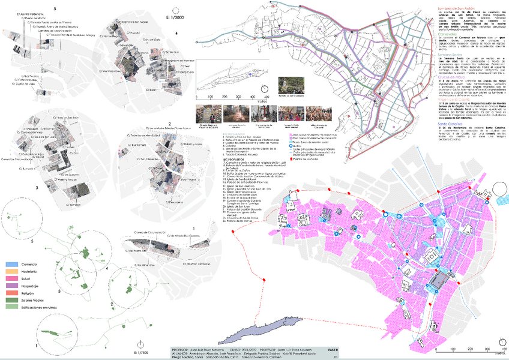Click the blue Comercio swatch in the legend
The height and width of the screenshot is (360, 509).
pos(11,264)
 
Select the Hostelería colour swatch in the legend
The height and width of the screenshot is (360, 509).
pos(11,271)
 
